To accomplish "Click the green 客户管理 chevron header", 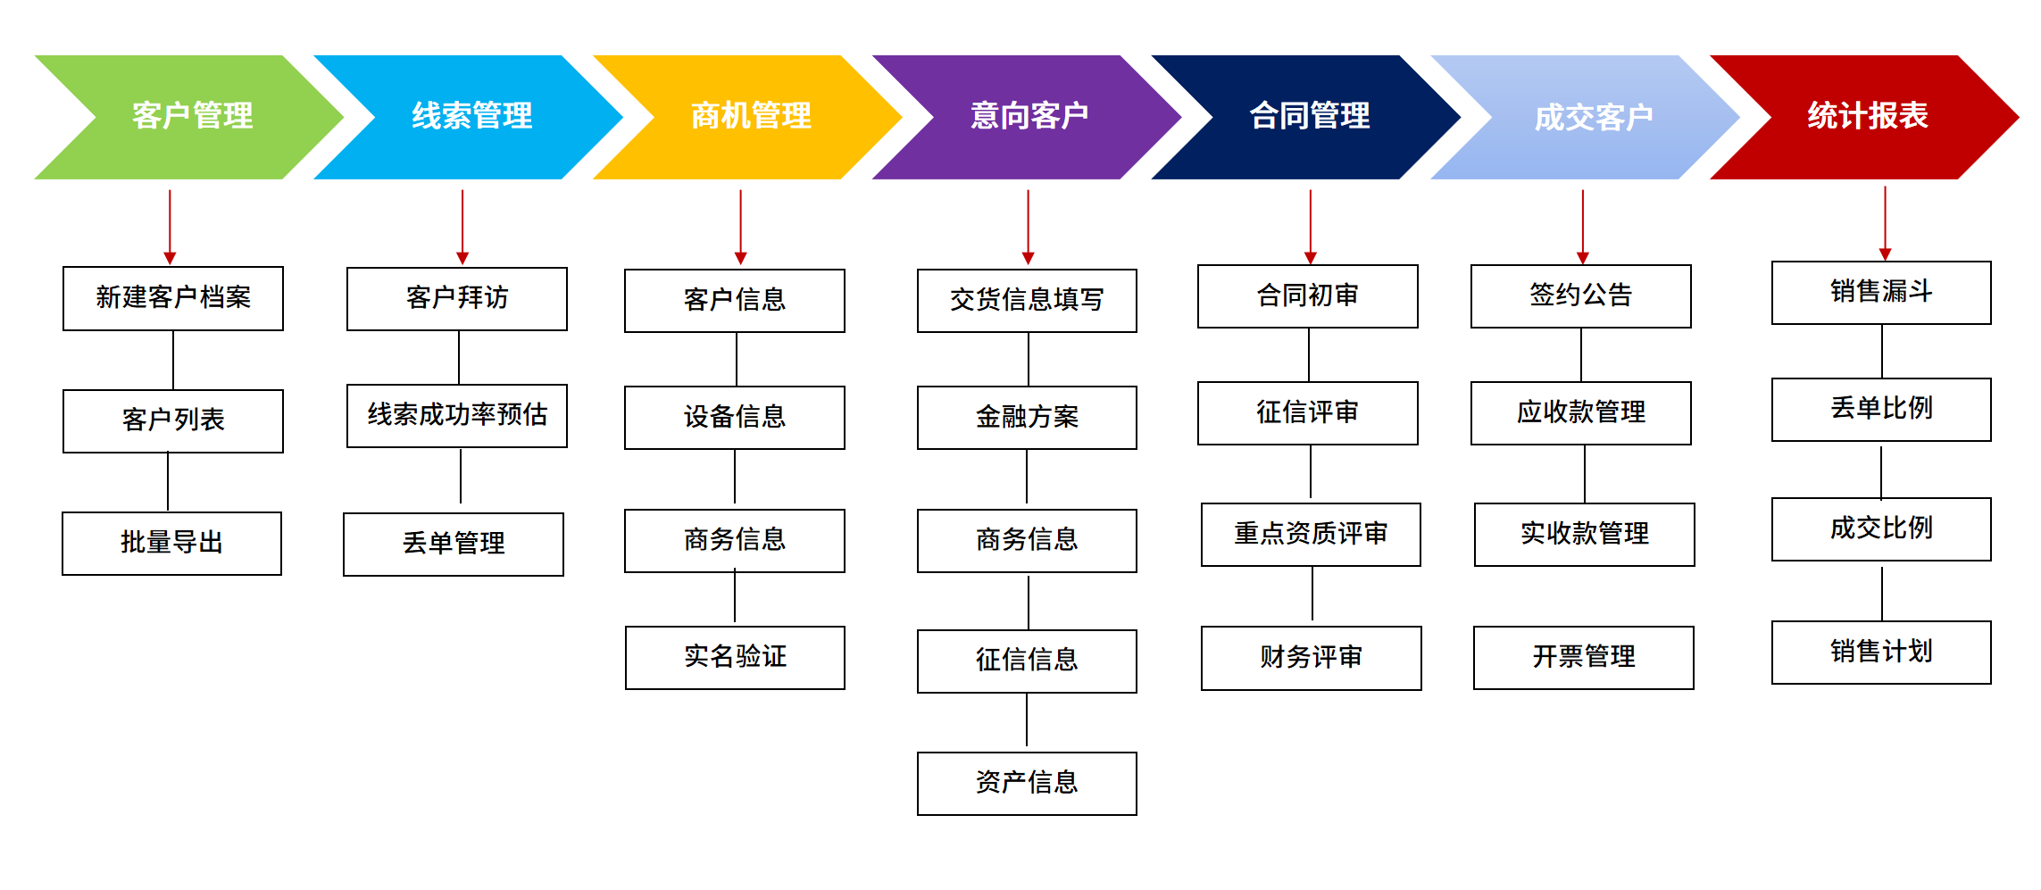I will coord(191,117).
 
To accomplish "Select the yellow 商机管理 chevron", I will coord(750,117).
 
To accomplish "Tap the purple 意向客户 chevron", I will coord(1029,117).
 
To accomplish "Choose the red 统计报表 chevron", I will coord(1866,117).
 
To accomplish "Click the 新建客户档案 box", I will coord(173,298).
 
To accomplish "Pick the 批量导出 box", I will coord(171,543).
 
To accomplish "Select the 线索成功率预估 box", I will coord(457,415).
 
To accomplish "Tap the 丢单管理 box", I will coord(454,544).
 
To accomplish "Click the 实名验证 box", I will coord(735,657).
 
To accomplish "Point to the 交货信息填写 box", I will coord(1027,300).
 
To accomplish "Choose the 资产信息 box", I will coord(1027,783).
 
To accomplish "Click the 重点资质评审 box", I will coord(1311,534).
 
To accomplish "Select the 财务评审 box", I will coord(1311,658).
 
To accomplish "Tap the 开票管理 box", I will coord(1583,657).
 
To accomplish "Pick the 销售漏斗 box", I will coord(1881,292).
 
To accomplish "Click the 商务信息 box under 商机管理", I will coord(735,540).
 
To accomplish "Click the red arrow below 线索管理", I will coord(462,227).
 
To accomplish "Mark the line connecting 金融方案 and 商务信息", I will coord(1027,478).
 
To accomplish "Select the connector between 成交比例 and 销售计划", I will coord(1882,592).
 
